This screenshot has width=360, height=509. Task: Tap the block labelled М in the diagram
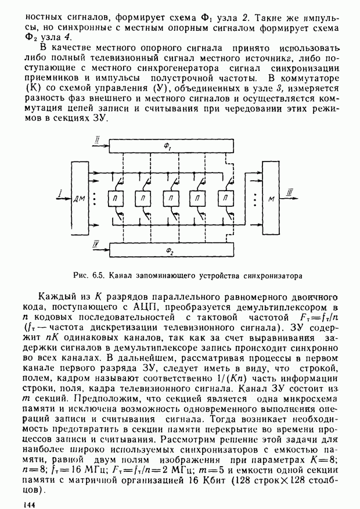pyautogui.click(x=271, y=198)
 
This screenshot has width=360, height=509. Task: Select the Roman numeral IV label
pyautogui.click(x=96, y=243)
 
